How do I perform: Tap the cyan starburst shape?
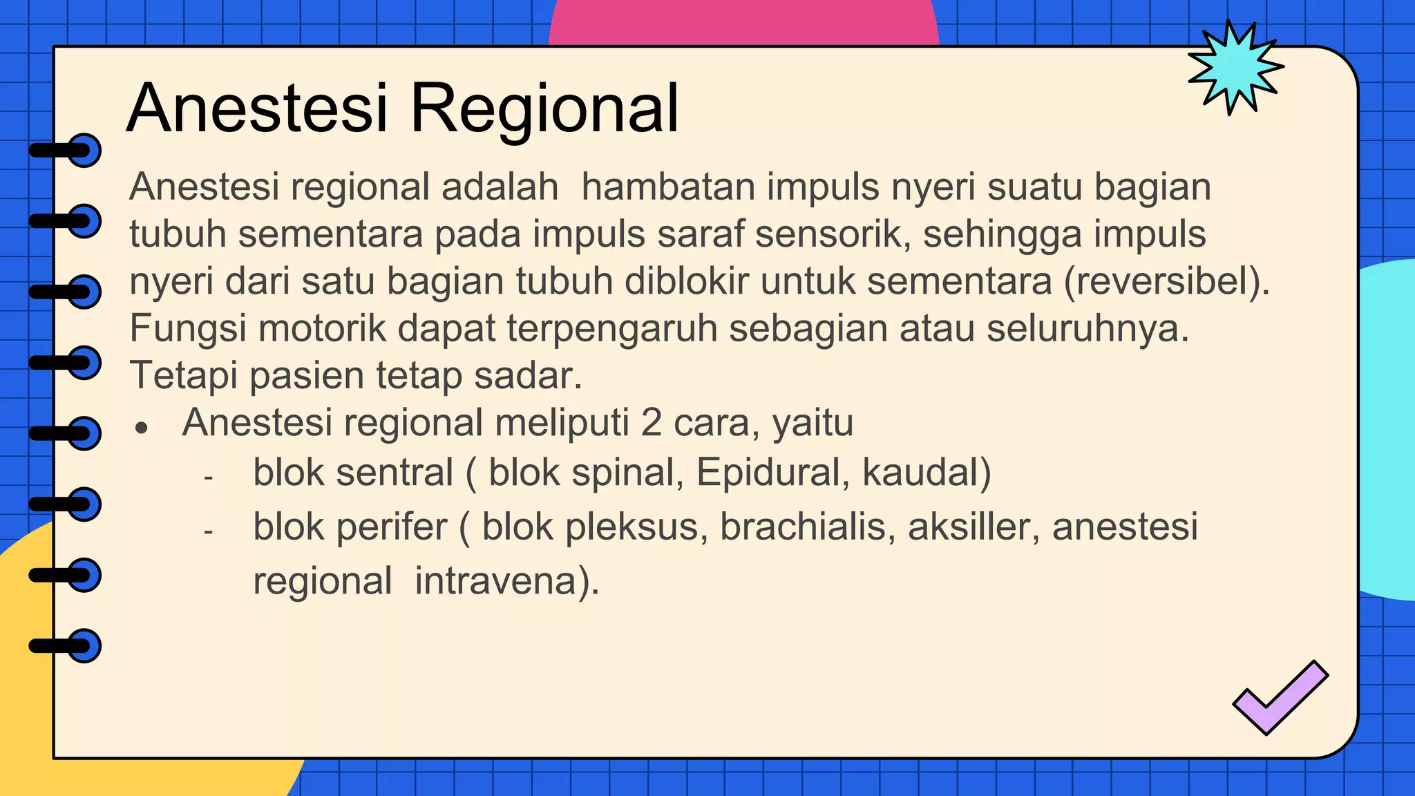1235,68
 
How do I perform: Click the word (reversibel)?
1167,282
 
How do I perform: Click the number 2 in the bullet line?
651,423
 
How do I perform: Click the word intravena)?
506,581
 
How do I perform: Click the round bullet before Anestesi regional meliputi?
142,428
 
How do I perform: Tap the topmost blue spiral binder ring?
84,150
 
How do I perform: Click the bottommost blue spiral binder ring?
84,646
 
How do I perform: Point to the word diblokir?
686,282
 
